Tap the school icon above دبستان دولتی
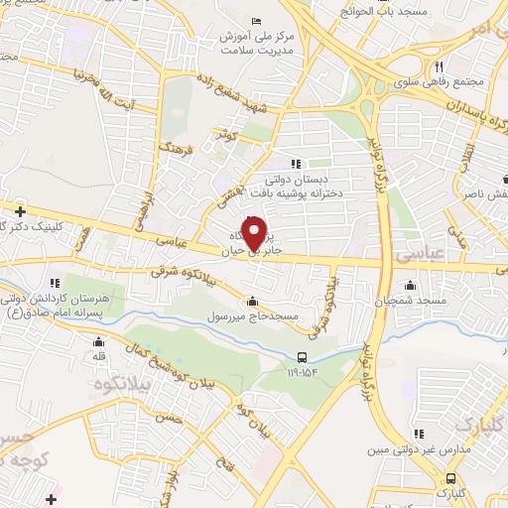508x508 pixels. coord(295,164)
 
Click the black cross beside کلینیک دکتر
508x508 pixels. coord(20,209)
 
